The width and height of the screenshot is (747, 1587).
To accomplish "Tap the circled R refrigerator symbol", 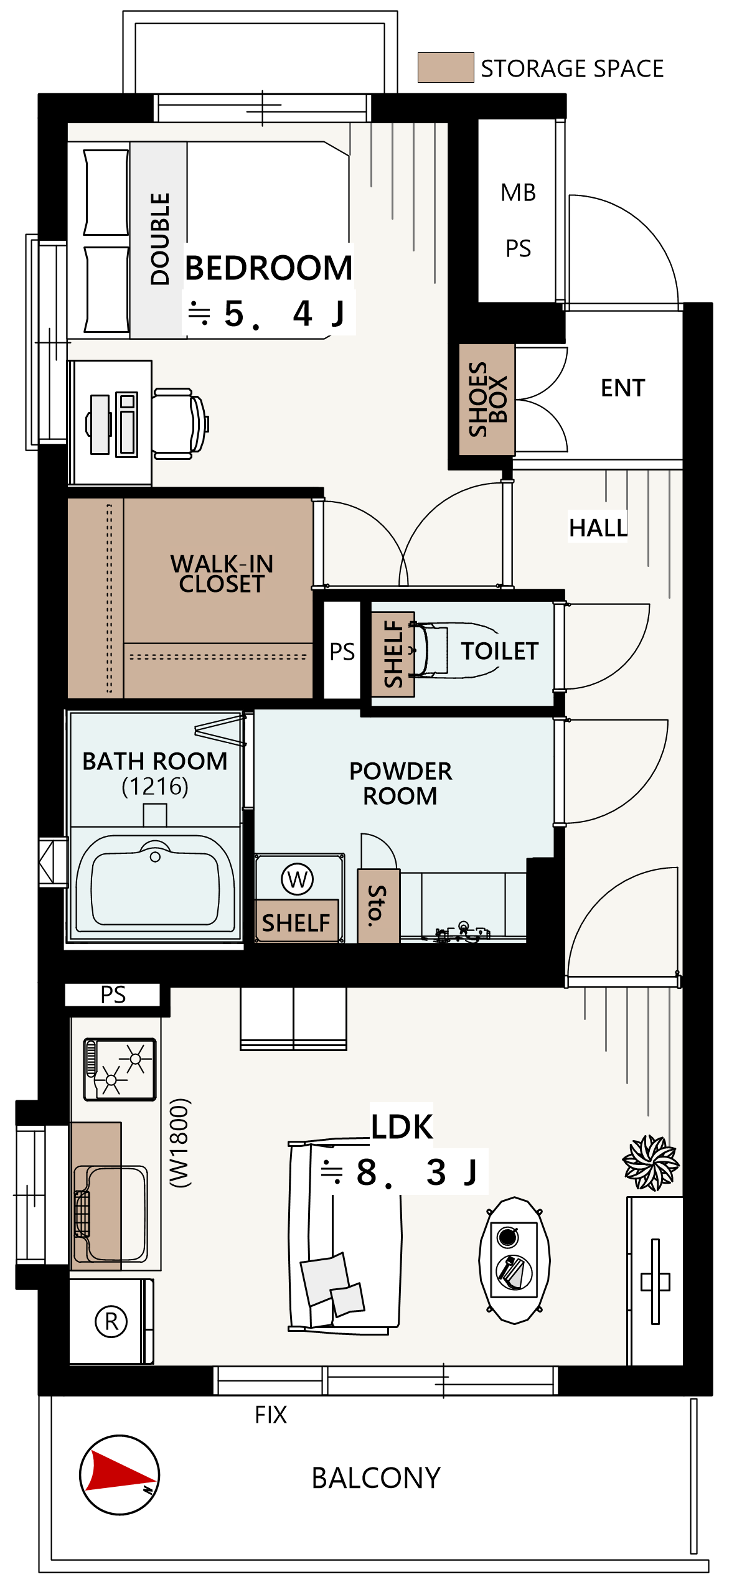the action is (111, 1321).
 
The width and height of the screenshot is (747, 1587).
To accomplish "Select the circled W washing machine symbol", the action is (298, 879).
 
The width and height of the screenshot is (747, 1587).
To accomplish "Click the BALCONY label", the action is (376, 1478).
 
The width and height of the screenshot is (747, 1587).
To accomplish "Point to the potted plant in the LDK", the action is (651, 1162).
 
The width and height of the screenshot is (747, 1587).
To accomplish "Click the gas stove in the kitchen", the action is (120, 1069).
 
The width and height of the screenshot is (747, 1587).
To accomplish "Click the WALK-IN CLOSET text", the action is (222, 574).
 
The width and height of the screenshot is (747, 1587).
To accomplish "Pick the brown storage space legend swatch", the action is (446, 67).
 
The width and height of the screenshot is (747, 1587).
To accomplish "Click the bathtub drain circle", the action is (155, 857).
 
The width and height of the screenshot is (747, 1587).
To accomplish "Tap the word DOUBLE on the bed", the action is (160, 239).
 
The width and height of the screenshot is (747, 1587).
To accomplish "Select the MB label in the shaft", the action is (518, 193).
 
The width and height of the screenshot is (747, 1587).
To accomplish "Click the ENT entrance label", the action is (622, 388).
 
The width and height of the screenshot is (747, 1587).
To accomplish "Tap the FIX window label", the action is (271, 1415).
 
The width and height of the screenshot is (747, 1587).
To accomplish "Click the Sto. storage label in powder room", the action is (377, 906).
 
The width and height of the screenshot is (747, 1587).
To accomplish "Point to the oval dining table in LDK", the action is (514, 1259).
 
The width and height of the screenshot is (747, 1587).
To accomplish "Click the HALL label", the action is (598, 528).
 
